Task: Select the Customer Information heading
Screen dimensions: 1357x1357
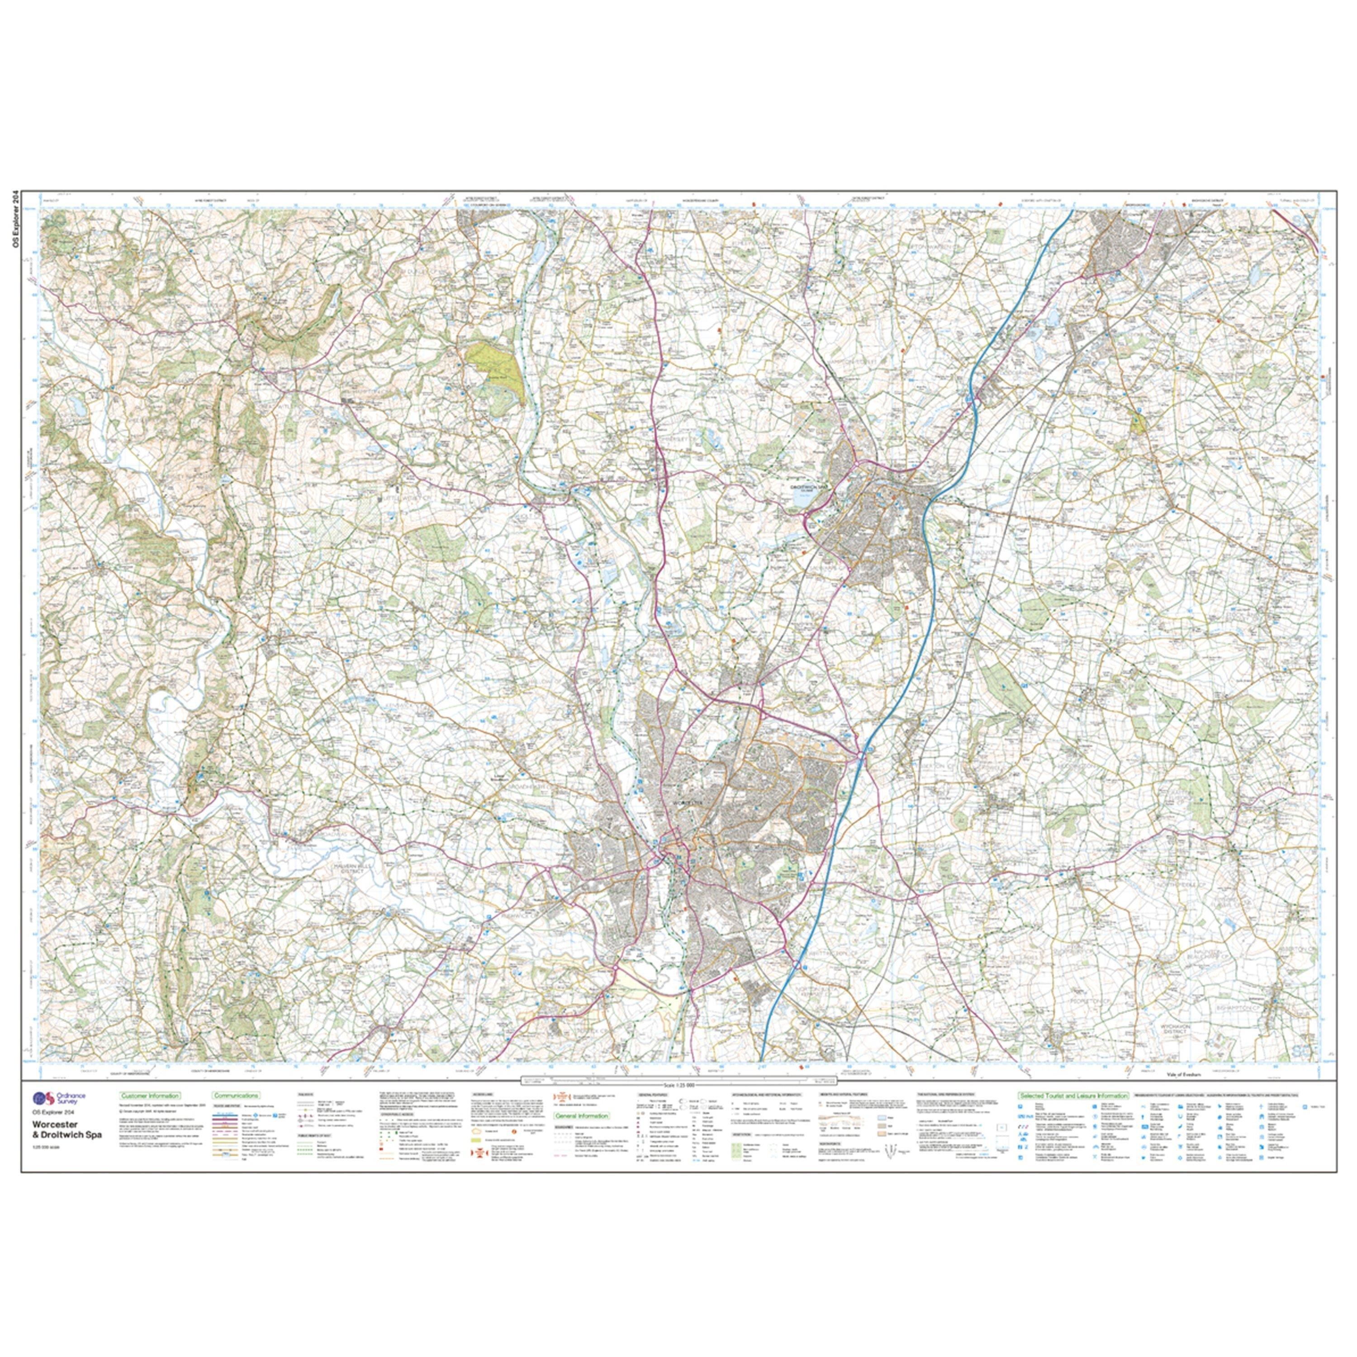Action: (x=150, y=1095)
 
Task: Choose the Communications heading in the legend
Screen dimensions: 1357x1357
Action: (x=236, y=1095)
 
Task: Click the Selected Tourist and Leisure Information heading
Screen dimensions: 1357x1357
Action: (x=1072, y=1095)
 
